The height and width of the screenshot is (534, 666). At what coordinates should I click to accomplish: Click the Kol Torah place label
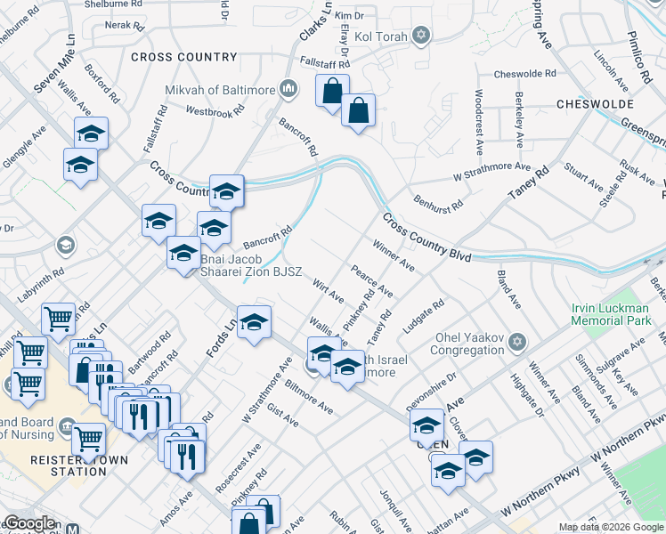tap(382, 36)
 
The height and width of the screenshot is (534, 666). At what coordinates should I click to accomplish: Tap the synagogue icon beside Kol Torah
tap(421, 36)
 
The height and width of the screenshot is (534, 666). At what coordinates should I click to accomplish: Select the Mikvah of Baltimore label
tap(219, 89)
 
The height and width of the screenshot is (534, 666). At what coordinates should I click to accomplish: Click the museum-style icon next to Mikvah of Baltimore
tap(288, 88)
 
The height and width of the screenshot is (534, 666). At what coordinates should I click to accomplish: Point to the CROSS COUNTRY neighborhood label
tap(184, 57)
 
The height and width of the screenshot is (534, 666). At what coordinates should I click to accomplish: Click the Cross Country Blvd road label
tap(427, 237)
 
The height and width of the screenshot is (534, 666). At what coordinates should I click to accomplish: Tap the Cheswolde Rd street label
tap(524, 74)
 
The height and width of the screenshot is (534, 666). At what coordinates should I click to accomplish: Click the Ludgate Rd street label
tap(422, 318)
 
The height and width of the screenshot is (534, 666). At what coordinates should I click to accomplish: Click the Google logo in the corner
tap(29, 523)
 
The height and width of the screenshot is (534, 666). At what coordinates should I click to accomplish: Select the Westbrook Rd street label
tap(215, 113)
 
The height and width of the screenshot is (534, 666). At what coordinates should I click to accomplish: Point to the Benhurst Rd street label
tap(438, 199)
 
